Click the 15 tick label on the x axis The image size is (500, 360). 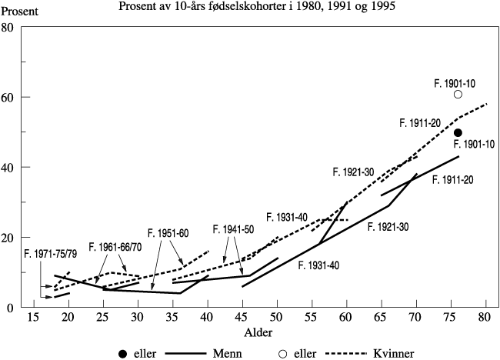point(33,318)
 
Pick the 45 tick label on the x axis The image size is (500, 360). point(242,318)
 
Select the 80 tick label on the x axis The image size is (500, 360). point(486,318)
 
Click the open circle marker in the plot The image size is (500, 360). point(458,95)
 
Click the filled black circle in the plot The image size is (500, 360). point(458,133)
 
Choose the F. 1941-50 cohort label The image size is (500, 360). point(234,228)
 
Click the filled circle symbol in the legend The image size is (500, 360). point(122,353)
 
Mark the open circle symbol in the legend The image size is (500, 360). point(285,353)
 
